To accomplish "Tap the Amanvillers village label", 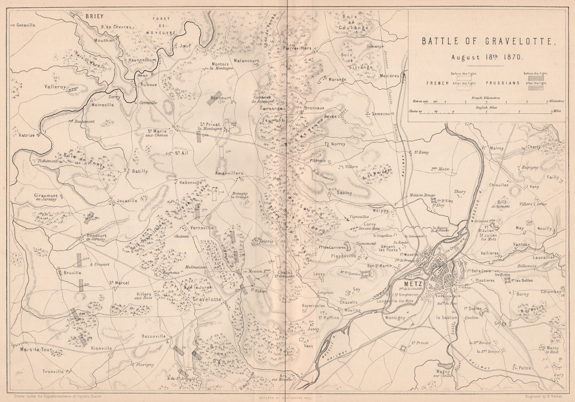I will point(230,173).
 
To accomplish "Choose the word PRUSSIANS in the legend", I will point(503,83).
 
